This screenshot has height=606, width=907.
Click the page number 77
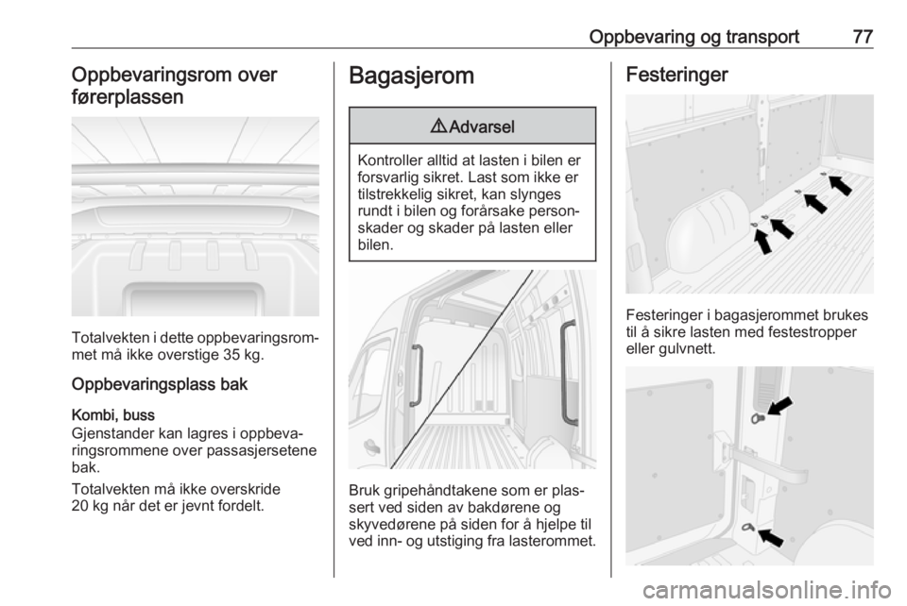[x=862, y=37]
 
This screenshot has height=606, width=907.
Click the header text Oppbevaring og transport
[x=693, y=37]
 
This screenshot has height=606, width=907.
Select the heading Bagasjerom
[x=412, y=76]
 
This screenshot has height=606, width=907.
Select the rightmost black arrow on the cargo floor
[x=840, y=185]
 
